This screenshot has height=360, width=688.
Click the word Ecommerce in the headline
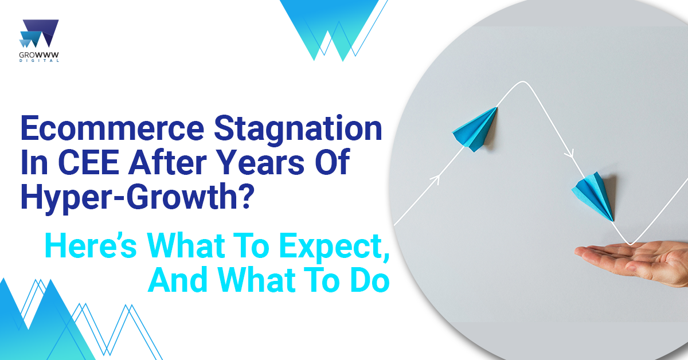point(112,128)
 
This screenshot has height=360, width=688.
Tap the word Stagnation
point(298,130)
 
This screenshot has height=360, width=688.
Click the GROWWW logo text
point(39,55)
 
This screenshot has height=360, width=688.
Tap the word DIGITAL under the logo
point(39,61)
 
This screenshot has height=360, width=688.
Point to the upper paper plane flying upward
point(475,130)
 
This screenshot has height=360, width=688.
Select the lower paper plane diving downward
point(593,196)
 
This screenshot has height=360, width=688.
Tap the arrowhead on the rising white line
point(436,179)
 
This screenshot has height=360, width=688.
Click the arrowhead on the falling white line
point(570,153)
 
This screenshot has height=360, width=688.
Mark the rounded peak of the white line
point(522,81)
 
